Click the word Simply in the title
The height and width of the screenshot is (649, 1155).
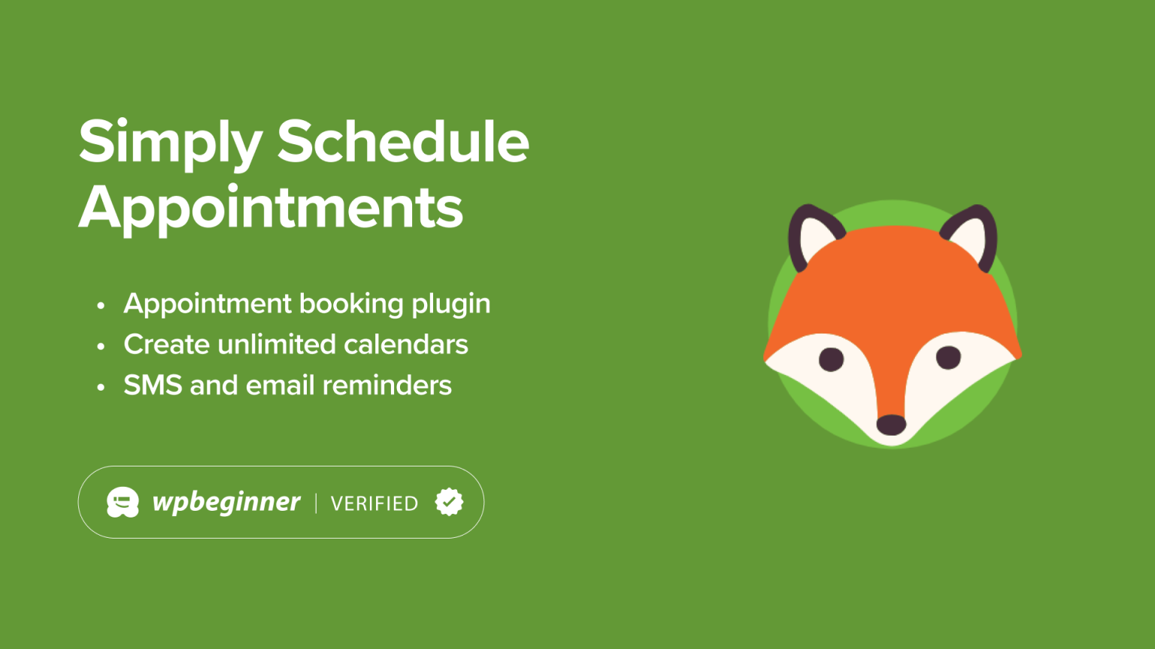170,143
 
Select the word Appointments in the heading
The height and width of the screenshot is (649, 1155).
271,208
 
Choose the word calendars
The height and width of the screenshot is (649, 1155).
405,345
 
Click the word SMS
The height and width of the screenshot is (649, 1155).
153,385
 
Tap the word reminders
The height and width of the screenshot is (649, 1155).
387,385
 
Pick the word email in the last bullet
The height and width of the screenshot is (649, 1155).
280,385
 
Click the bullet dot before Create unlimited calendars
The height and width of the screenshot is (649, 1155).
101,346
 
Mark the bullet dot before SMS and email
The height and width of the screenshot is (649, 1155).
101,388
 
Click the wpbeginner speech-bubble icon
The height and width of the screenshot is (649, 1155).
123,503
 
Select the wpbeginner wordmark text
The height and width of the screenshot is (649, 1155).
226,502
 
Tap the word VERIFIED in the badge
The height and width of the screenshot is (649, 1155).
374,503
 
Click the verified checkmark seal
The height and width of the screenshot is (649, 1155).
449,502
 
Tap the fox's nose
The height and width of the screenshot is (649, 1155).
891,424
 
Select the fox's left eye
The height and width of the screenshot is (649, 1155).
831,359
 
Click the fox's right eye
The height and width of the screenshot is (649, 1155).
948,357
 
